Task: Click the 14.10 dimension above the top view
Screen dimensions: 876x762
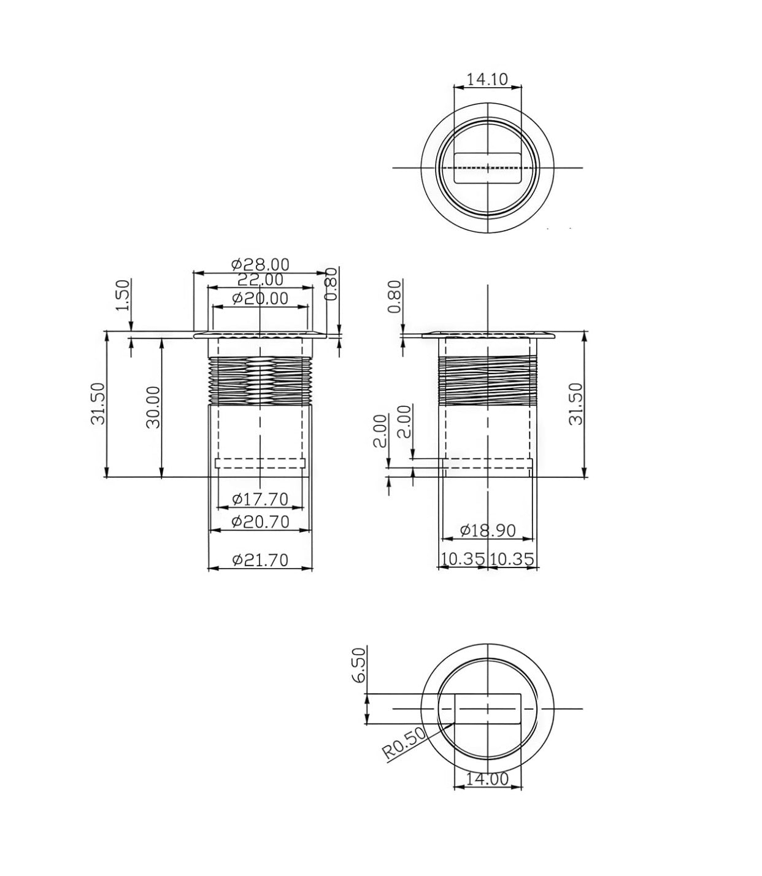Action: pyautogui.click(x=487, y=79)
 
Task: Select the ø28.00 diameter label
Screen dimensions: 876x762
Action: pyautogui.click(x=260, y=264)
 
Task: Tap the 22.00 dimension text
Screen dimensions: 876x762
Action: pyautogui.click(x=260, y=280)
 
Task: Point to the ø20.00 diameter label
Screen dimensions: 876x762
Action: pyautogui.click(x=260, y=299)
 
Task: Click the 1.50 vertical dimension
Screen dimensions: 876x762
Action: pyautogui.click(x=123, y=295)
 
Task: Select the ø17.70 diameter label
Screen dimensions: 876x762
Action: pyautogui.click(x=260, y=499)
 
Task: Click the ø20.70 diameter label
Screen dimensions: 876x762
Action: pyautogui.click(x=260, y=522)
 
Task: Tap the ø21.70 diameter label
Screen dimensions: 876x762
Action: pyautogui.click(x=260, y=560)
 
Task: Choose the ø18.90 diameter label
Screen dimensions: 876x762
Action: pyautogui.click(x=488, y=530)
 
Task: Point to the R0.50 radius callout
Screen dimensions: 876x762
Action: pyautogui.click(x=404, y=743)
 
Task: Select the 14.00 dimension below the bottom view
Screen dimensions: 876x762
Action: pyautogui.click(x=487, y=778)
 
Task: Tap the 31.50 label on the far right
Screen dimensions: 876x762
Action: pyautogui.click(x=575, y=404)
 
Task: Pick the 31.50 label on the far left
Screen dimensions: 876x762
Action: pyautogui.click(x=98, y=404)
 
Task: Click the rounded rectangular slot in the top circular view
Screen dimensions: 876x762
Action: pyautogui.click(x=487, y=167)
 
